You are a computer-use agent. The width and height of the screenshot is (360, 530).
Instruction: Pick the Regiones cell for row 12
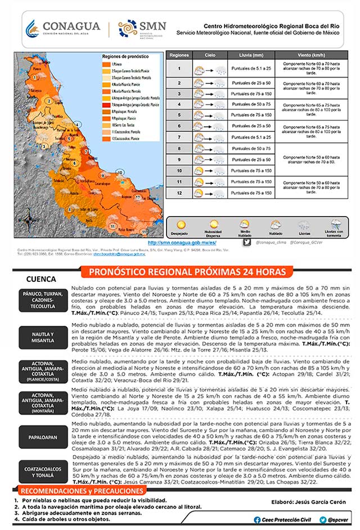[179, 193]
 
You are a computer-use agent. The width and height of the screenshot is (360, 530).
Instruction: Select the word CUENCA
[41, 279]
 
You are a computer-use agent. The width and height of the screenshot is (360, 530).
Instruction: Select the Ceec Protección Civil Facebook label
[285, 520]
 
